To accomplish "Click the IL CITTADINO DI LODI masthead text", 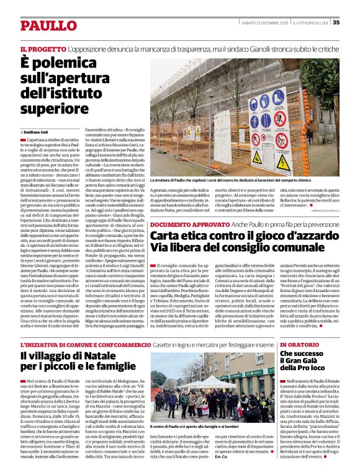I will (308, 22).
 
